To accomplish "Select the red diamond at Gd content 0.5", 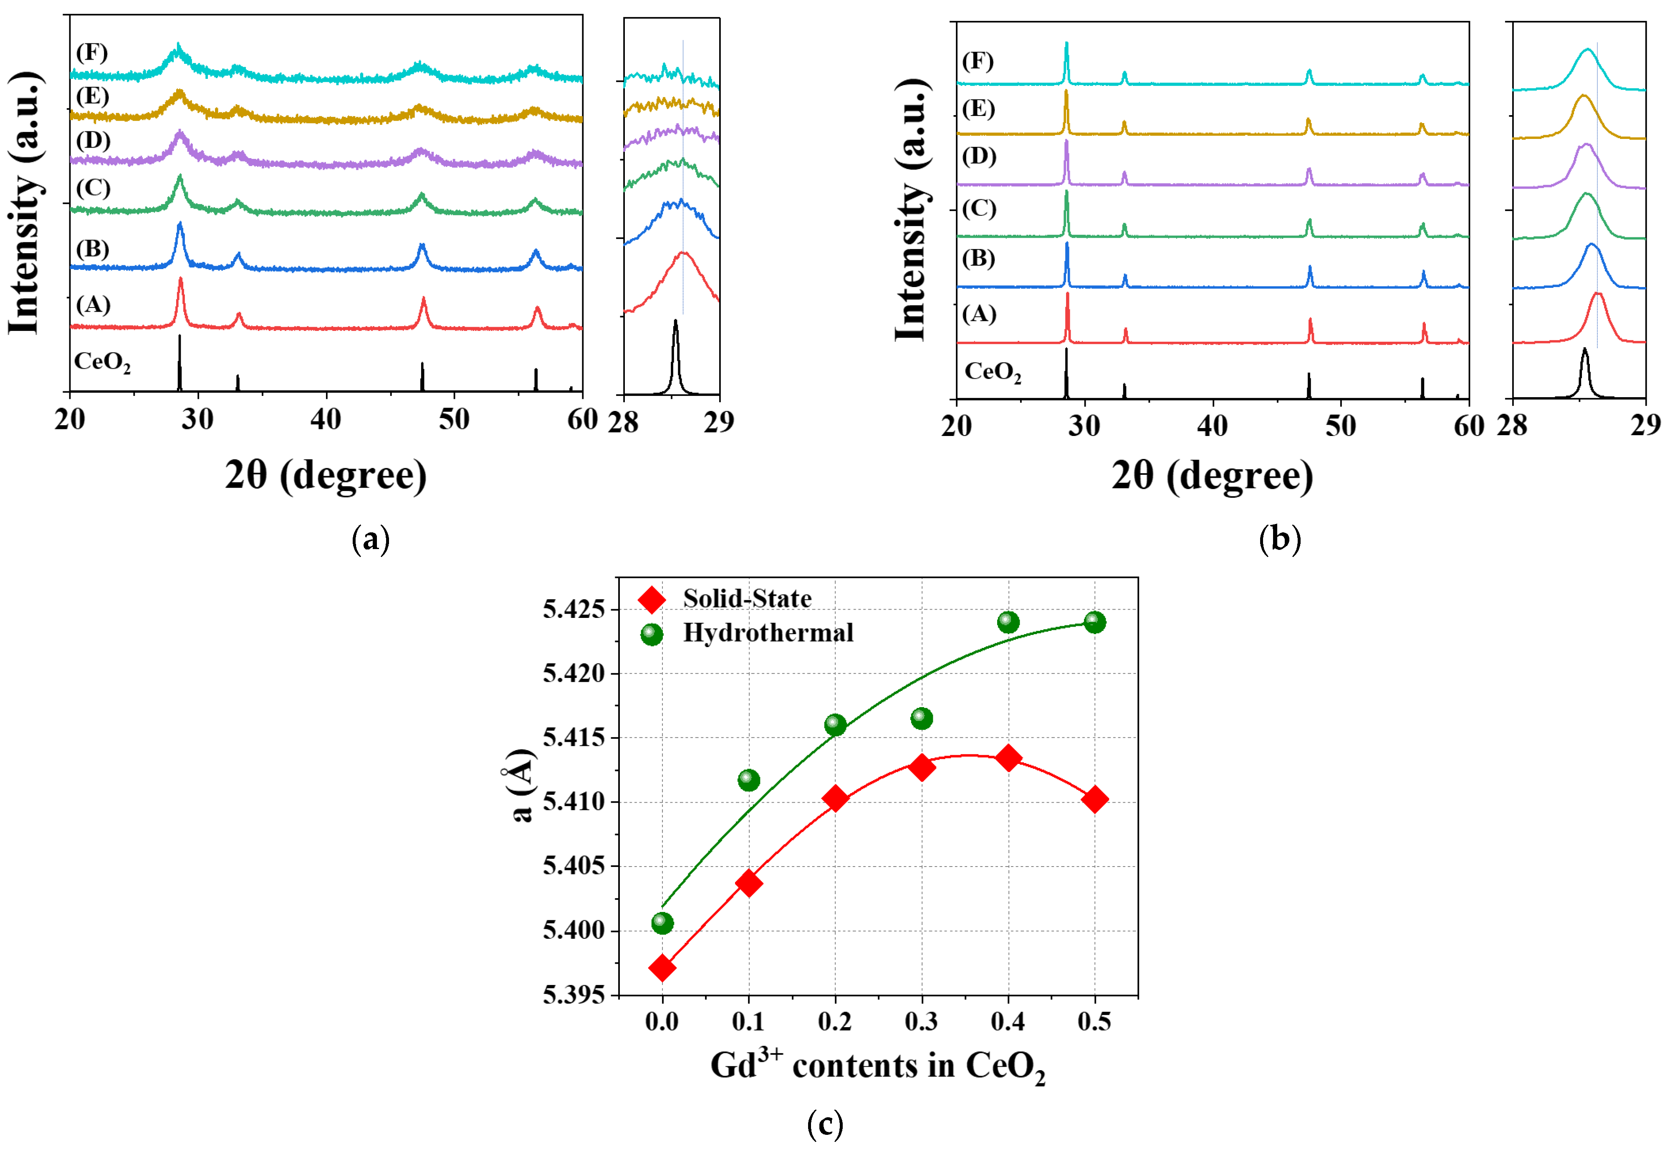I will point(1094,800).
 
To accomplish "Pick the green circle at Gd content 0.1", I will point(748,780).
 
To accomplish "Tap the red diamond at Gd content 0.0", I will point(662,968).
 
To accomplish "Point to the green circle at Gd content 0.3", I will point(921,718).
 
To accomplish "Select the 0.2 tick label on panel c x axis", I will point(835,1022).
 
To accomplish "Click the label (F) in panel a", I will point(92,53).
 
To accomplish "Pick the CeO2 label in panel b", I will point(992,372).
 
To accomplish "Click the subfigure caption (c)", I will point(824,1124).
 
